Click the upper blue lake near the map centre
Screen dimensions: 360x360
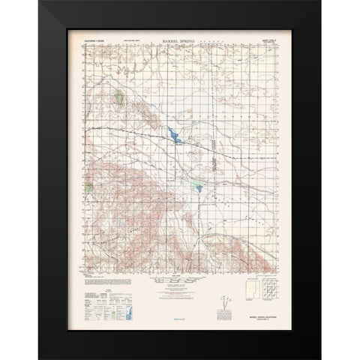click(x=174, y=137)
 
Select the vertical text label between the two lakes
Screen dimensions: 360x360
click(x=213, y=160)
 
